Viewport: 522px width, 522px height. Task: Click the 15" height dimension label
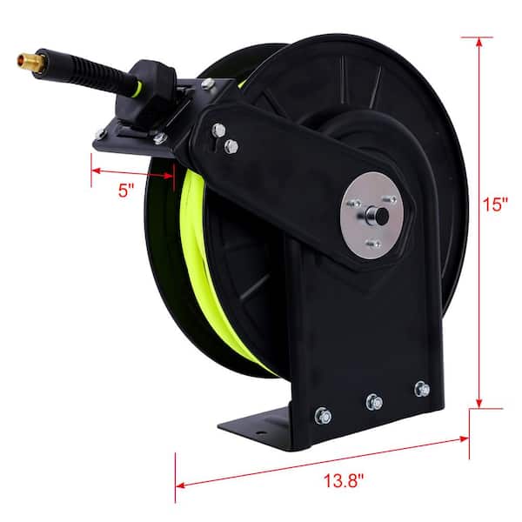tap(497, 206)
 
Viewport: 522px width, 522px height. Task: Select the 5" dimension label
tap(128, 190)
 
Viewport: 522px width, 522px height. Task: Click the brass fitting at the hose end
tap(30, 61)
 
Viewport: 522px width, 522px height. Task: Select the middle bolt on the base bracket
tap(374, 401)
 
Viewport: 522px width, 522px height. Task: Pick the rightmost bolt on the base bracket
tap(422, 388)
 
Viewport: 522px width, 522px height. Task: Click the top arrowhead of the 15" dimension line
tap(478, 40)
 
